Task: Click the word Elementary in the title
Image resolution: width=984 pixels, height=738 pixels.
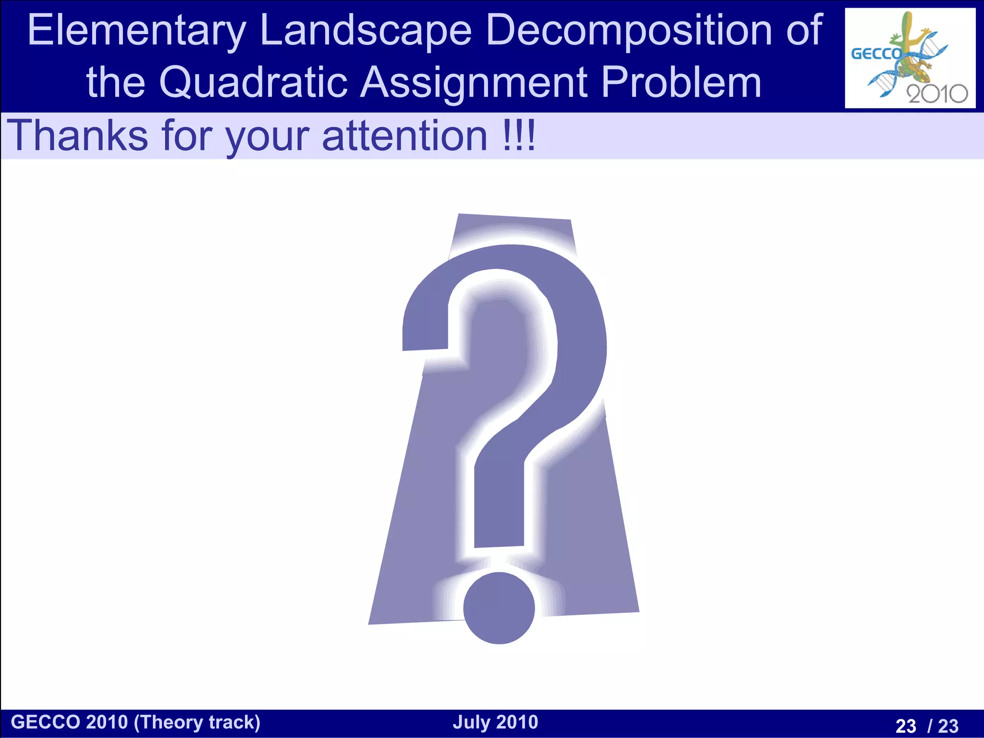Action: tap(137, 31)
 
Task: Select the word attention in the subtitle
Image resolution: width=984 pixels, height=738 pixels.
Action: tap(405, 135)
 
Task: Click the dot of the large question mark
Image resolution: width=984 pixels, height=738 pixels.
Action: tap(499, 608)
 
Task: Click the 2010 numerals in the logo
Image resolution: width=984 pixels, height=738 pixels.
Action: tap(937, 93)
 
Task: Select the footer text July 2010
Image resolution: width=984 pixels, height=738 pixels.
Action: tap(495, 722)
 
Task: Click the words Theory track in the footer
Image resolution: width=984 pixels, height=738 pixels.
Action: tap(197, 723)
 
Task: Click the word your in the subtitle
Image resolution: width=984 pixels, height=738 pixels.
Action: tap(268, 136)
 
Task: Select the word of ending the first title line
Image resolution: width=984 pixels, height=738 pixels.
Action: tap(805, 31)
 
